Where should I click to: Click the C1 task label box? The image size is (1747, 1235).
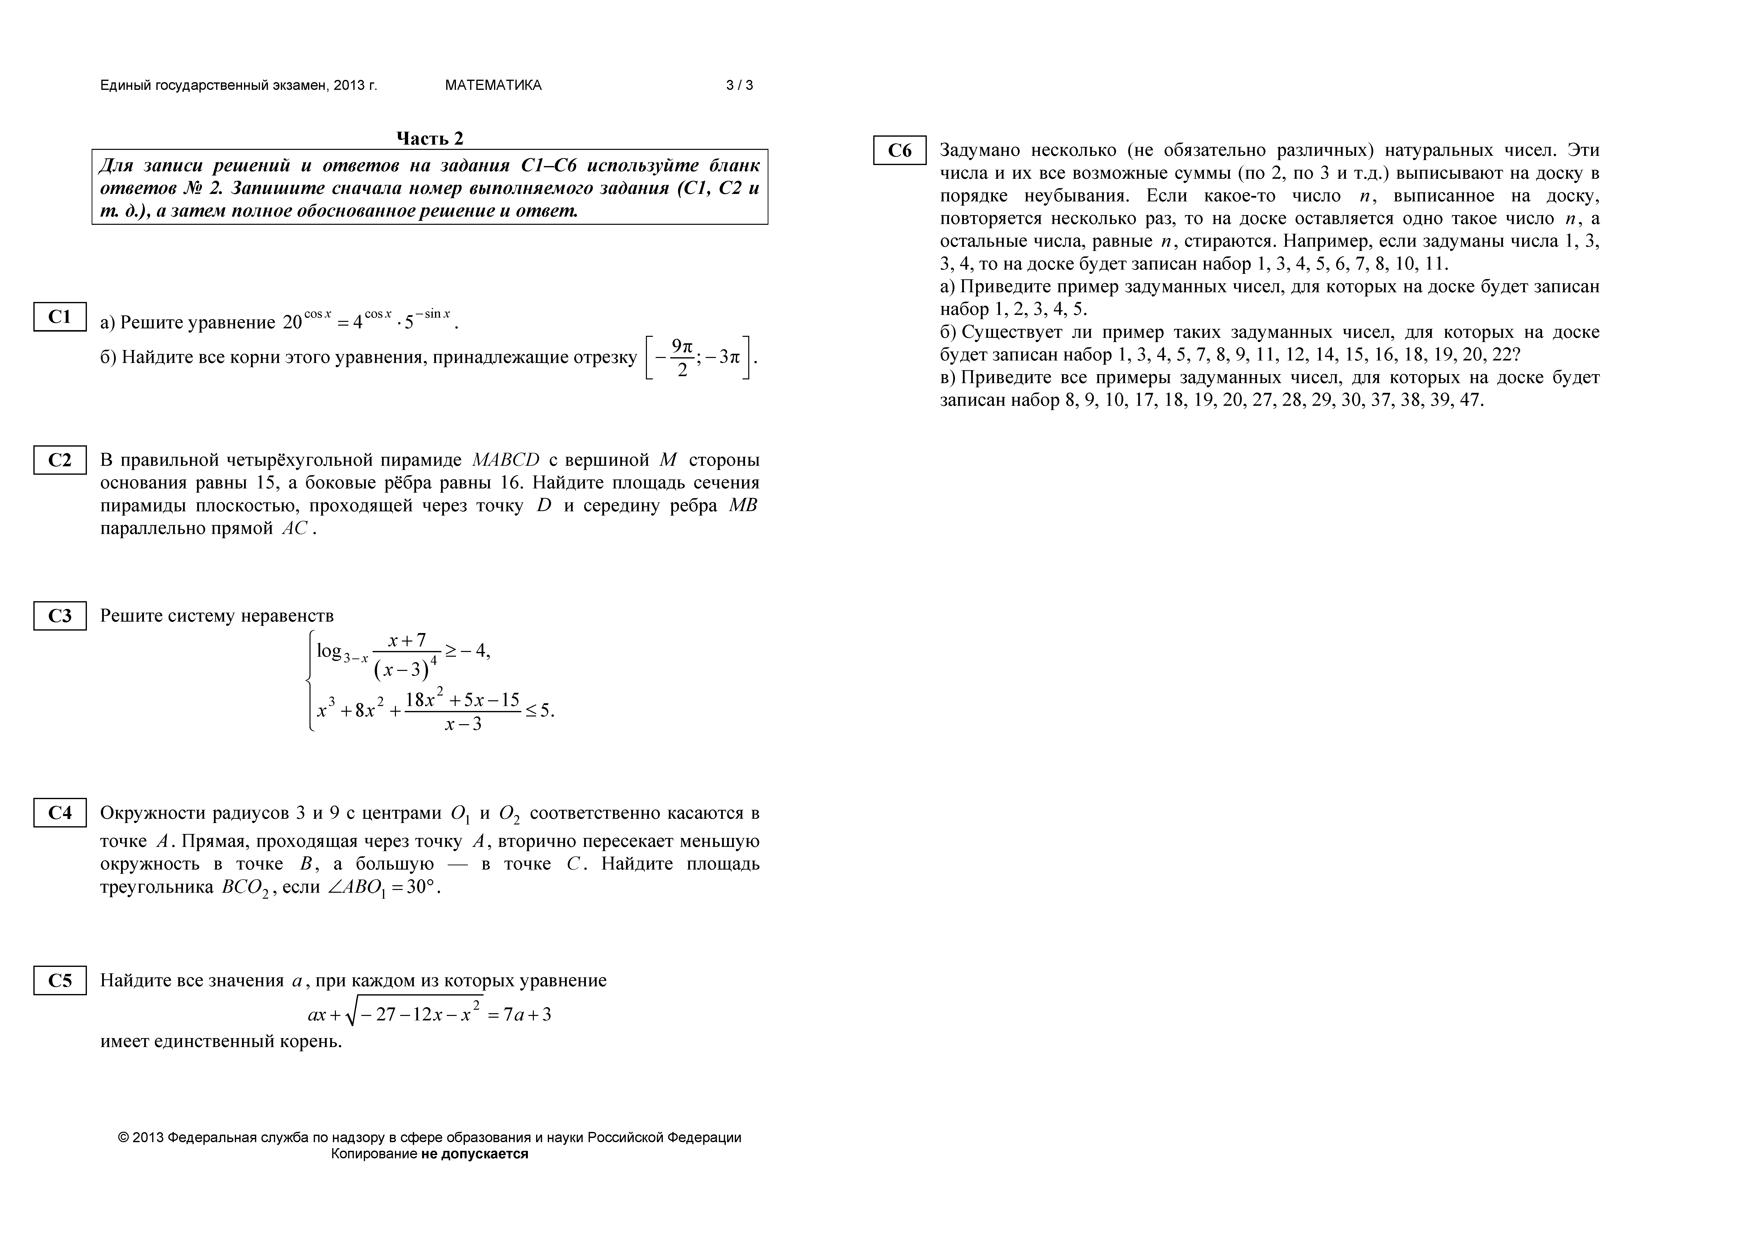click(x=59, y=317)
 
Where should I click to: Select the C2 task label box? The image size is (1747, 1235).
click(x=59, y=460)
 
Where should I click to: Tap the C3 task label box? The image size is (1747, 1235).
click(x=59, y=616)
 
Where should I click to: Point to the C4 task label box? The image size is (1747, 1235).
click(x=59, y=813)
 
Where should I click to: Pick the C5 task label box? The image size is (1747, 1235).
click(x=59, y=980)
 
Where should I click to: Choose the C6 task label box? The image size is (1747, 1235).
click(x=899, y=151)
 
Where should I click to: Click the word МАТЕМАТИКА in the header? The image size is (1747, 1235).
click(x=493, y=85)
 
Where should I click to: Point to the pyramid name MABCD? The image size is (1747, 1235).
click(x=505, y=460)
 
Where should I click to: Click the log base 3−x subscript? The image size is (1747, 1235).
click(x=355, y=658)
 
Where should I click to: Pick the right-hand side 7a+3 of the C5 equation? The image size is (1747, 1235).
click(x=527, y=1014)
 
